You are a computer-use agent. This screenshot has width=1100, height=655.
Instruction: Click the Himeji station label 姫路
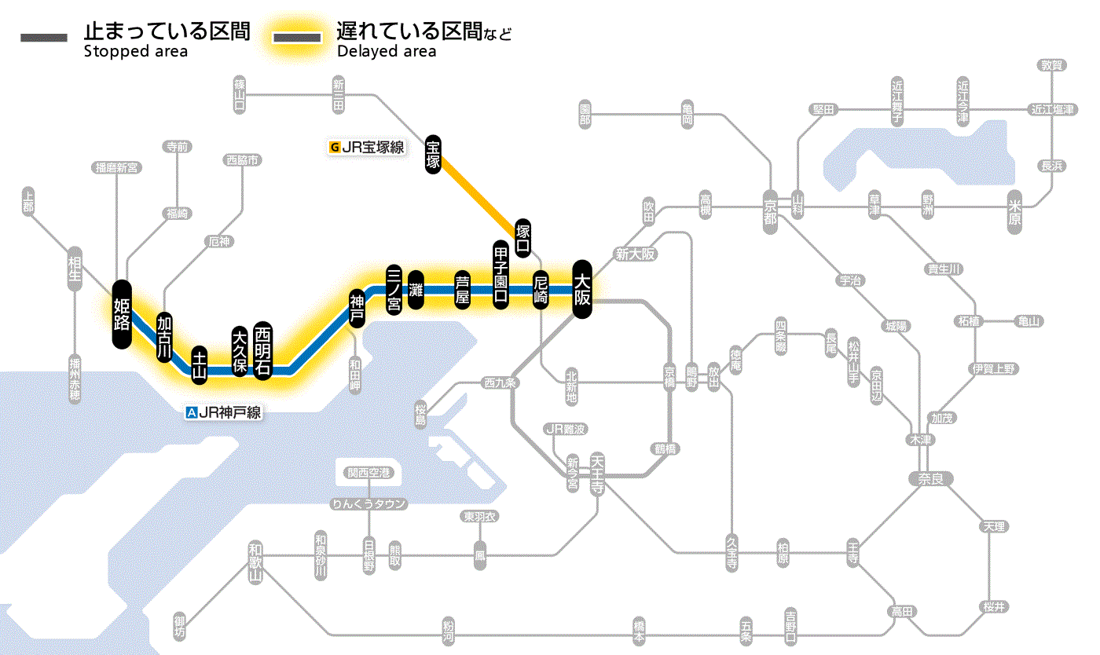point(122,314)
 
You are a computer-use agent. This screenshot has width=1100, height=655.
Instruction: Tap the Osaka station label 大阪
point(582,289)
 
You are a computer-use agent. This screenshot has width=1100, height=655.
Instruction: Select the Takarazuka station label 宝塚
point(433,154)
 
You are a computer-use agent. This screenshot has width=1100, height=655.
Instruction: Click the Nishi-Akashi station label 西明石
point(263,350)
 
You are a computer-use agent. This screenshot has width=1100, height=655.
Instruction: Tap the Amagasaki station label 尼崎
point(541,291)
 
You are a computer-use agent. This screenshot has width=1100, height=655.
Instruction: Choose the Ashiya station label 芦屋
point(462,290)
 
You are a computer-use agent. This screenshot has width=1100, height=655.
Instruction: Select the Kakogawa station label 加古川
point(164,337)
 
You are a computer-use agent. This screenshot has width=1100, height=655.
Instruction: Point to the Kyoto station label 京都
point(770,207)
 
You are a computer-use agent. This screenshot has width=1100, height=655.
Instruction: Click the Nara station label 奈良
point(930,478)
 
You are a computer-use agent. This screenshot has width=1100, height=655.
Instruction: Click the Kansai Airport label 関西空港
point(368,473)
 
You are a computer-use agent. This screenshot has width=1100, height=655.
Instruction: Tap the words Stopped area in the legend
point(136,52)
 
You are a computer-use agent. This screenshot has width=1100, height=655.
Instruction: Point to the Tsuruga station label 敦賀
point(1050,65)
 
